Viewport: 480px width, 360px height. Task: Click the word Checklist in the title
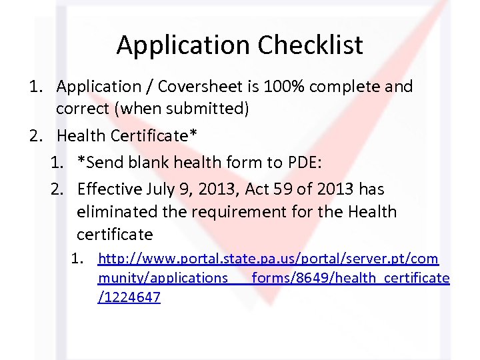tap(310, 45)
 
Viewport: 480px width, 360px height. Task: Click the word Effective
tap(110, 189)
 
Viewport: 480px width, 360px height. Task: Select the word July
tap(162, 189)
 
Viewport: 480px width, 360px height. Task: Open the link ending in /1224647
tap(129, 298)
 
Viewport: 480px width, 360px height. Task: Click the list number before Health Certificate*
tap(36, 136)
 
